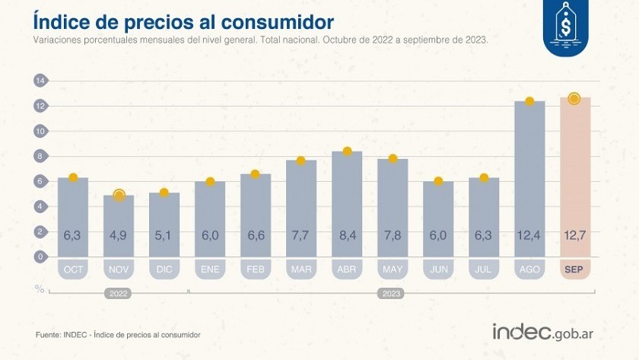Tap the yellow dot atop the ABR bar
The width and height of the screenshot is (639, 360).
tap(347, 151)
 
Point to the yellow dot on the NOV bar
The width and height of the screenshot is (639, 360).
tap(119, 196)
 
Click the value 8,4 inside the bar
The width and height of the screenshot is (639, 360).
tap(347, 236)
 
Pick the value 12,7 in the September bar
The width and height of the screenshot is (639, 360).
tap(574, 236)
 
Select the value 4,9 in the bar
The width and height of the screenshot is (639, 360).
tap(119, 236)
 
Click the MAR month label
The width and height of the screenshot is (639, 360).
tap(301, 269)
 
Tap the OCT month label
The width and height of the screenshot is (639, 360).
tap(73, 269)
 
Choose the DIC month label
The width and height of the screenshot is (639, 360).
tap(164, 269)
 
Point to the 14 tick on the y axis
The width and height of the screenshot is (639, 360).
tap(40, 81)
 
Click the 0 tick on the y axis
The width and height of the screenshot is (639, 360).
tap(40, 256)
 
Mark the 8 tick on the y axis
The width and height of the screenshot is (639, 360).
tap(40, 156)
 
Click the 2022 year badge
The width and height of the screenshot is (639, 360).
tap(119, 293)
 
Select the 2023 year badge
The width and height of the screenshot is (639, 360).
tap(391, 293)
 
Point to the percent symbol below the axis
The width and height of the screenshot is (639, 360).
tap(40, 288)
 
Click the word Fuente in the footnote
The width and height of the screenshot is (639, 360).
tap(49, 335)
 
